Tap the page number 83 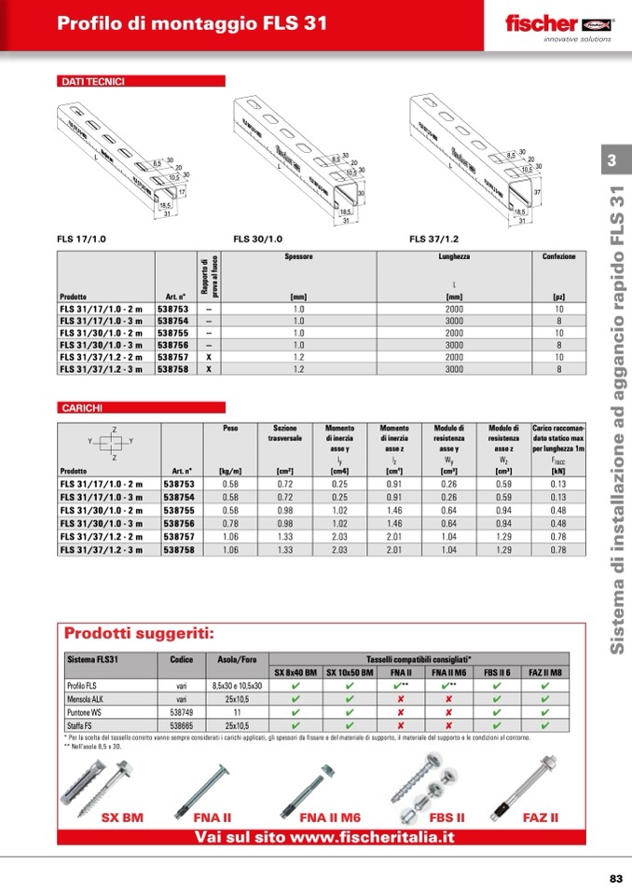coord(615,878)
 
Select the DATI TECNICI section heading coord(93,82)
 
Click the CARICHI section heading coord(82,407)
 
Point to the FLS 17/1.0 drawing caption coord(82,240)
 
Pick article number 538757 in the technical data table coord(172,357)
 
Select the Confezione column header coord(559,256)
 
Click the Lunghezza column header coord(454,256)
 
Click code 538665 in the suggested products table coord(182,723)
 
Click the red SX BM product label coord(122,818)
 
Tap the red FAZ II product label coord(541,818)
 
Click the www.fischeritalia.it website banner coord(324,836)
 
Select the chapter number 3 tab coord(611,160)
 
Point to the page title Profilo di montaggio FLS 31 coord(192,25)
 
